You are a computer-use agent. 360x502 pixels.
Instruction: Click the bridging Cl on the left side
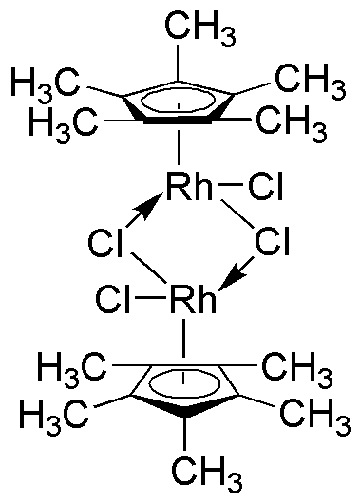click(105, 246)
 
